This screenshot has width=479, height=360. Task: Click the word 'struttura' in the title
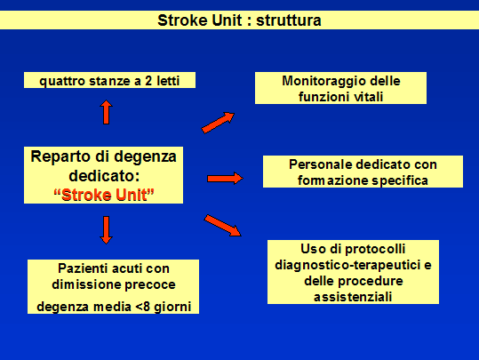(288, 20)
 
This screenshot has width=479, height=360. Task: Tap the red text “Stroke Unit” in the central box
(104, 195)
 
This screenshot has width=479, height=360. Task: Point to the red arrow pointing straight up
(106, 112)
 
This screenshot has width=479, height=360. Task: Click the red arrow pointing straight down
(106, 230)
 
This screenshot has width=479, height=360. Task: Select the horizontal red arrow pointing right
(225, 178)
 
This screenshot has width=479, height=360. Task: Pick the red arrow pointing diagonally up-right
(218, 123)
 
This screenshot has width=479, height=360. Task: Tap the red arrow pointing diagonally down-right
(223, 226)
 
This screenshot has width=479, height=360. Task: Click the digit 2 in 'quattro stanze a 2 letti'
(148, 81)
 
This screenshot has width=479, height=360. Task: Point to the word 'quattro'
(62, 81)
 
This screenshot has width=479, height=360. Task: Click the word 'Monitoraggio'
(323, 81)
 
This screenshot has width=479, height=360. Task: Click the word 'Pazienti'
(84, 268)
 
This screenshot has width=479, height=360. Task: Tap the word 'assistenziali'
(353, 297)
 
